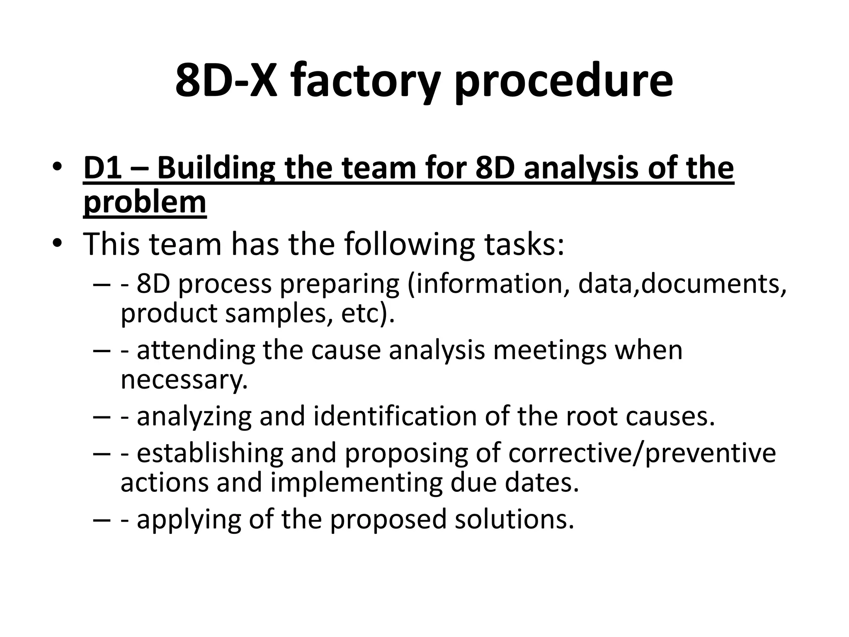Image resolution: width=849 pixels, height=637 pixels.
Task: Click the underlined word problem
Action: pyautogui.click(x=145, y=202)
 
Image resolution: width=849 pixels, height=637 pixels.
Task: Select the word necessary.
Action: pyautogui.click(x=184, y=379)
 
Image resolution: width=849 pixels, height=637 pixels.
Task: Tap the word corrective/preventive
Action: pyautogui.click(x=642, y=453)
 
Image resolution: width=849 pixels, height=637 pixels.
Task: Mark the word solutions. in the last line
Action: pyautogui.click(x=514, y=518)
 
